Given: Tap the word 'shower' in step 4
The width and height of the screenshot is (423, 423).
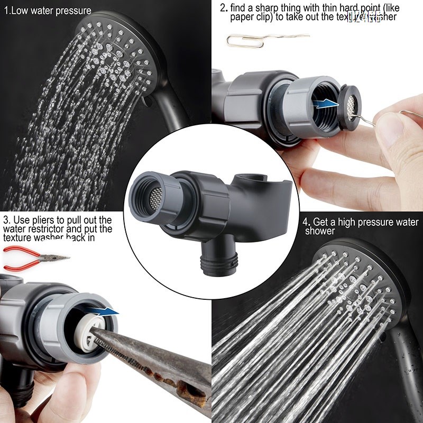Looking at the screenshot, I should point(320,231).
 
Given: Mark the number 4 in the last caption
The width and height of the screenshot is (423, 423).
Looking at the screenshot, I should point(305,222).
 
